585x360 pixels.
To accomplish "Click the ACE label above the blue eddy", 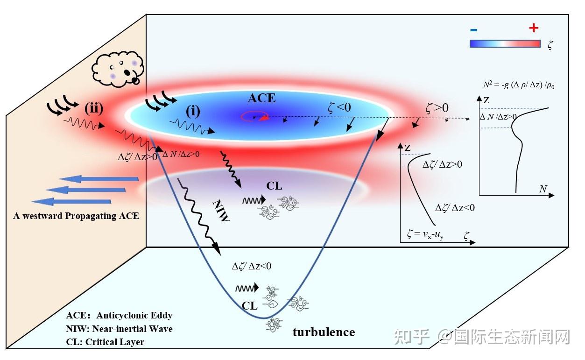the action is point(261,98).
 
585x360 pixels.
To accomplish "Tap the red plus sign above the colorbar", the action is point(534,28).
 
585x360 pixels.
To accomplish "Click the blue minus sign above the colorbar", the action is point(473,30).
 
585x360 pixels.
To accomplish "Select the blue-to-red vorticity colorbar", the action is point(505,43).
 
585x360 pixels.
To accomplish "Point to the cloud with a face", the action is point(118,69).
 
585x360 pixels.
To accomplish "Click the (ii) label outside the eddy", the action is point(94,108).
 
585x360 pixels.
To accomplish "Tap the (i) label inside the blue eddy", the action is point(193,111).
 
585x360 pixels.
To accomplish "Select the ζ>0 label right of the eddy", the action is point(437,108).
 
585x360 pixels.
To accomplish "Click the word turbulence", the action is point(324,332).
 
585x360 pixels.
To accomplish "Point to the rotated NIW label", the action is point(221,211).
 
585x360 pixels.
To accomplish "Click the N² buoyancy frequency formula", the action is point(518,85).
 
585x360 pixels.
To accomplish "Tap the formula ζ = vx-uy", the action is point(425,234).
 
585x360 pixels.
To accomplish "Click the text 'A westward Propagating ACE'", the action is point(76,216).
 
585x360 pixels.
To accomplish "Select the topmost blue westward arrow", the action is point(99,179).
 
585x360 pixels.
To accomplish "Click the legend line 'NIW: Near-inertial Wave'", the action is point(119,329).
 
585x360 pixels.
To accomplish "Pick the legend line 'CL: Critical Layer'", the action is point(105,342).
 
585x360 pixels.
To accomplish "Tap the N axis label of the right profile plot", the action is point(543,189).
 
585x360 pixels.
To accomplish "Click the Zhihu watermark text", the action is point(482,337).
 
